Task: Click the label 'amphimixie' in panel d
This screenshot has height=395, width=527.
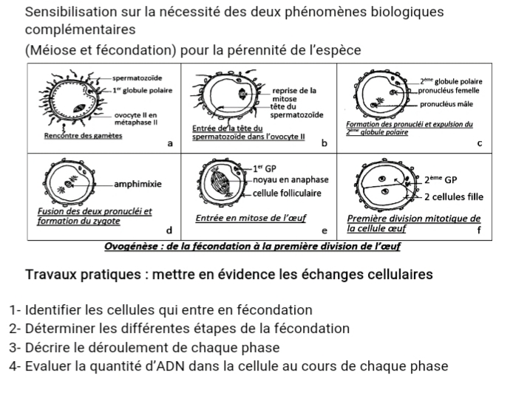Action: click(x=138, y=183)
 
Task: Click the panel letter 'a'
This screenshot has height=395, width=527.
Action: click(x=171, y=143)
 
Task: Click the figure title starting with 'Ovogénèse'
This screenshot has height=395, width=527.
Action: click(x=252, y=246)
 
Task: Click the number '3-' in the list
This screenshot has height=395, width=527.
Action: click(x=16, y=347)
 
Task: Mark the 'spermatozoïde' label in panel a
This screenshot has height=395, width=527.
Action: click(x=138, y=78)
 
